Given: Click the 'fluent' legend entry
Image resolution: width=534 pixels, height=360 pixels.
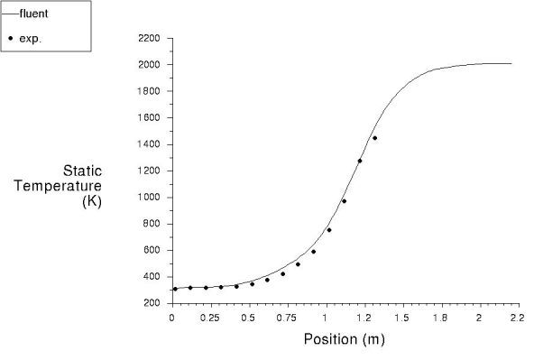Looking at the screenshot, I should coord(32,14).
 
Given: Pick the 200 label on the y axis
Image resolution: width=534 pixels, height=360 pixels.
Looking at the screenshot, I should coord(152,303).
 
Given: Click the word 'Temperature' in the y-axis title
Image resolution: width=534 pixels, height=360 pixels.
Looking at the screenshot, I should coord(64,186).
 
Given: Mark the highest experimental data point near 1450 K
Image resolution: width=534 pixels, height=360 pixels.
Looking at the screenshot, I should coord(374,138).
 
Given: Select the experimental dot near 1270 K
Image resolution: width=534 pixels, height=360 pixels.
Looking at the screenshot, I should coord(359,162).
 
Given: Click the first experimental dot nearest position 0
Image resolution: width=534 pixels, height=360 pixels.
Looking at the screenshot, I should coord(175,289).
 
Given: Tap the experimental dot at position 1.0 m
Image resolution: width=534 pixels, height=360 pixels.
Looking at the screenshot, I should coord(328,230).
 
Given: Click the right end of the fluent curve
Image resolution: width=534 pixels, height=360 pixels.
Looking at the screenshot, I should coord(511,63).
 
